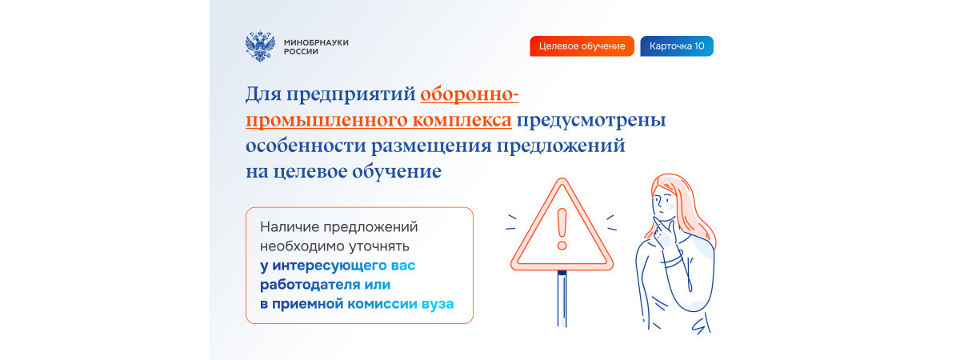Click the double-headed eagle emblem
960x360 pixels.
(260, 46)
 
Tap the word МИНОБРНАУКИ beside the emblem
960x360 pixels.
(316, 42)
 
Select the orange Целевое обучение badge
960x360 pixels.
(582, 46)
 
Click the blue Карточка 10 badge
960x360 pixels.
(677, 46)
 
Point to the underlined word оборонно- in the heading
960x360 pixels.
(470, 94)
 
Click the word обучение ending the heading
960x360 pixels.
(397, 171)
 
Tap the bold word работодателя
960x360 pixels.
(310, 285)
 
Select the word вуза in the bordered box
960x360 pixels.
(438, 304)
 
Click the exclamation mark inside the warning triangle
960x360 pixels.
(562, 230)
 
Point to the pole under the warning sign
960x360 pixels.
(562, 298)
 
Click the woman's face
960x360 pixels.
(663, 202)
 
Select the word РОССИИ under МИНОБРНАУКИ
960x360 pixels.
(301, 52)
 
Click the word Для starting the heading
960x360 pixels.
(263, 94)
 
